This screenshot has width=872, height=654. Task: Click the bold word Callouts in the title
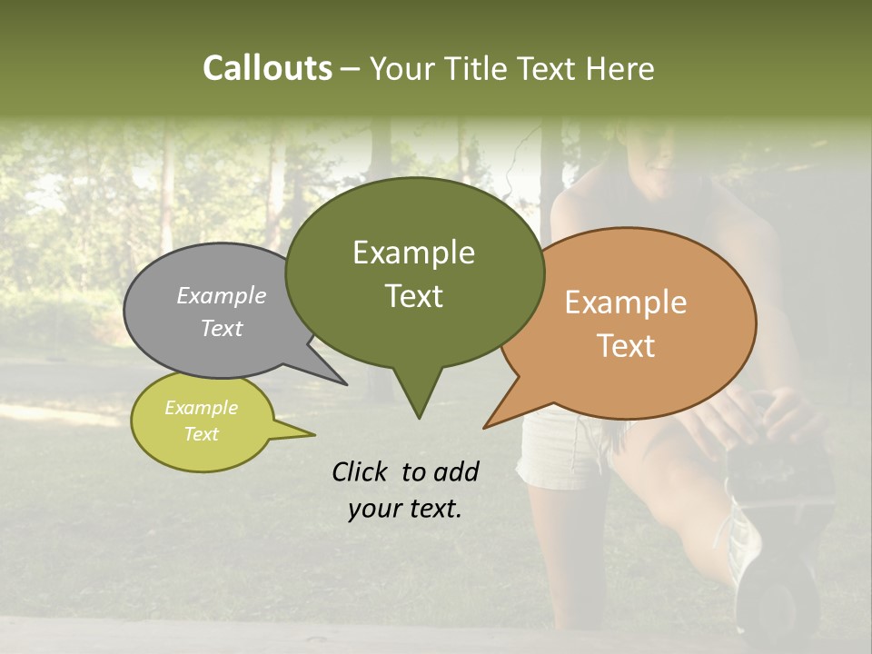point(267,68)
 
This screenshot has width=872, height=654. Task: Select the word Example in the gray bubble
point(222,295)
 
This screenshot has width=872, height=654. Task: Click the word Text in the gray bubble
point(222,328)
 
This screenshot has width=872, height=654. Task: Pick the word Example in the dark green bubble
point(413,253)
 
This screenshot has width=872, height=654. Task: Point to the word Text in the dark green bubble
point(413,295)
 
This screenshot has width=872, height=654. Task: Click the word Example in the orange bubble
point(626,302)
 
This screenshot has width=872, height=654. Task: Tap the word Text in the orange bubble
point(626,346)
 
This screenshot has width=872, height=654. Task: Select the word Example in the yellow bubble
point(201,408)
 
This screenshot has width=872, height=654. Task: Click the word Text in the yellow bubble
point(201,434)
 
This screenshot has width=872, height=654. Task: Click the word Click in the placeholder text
point(361,471)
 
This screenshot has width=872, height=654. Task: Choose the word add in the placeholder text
point(456,471)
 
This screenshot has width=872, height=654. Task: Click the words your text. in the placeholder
point(405,509)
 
